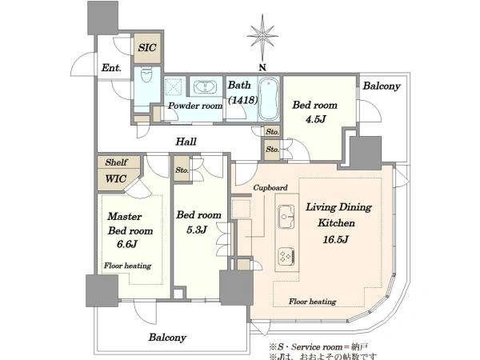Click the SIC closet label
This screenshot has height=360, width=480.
click(x=147, y=47)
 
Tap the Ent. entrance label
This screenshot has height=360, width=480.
click(x=111, y=68)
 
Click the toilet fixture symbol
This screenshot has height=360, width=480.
click(x=146, y=74)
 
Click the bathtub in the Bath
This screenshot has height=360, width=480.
click(x=269, y=99)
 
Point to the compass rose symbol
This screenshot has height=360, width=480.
click(x=262, y=37)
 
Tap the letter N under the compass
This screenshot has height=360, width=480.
click(x=262, y=68)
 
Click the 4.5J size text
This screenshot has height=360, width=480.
click(x=315, y=118)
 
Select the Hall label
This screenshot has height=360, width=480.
click(x=186, y=142)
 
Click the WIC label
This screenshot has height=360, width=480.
click(x=115, y=178)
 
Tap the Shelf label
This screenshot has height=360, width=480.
click(x=116, y=162)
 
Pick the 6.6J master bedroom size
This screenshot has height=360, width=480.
click(x=126, y=244)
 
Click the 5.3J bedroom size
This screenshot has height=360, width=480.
click(x=197, y=230)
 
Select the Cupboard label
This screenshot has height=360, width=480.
click(x=270, y=187)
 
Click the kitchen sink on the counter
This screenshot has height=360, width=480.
click(x=286, y=217)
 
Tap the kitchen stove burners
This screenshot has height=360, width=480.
click(x=286, y=255)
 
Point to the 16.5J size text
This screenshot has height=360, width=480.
click(x=335, y=239)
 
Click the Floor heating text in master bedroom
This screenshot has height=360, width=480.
click(x=128, y=266)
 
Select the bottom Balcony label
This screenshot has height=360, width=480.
click(x=167, y=338)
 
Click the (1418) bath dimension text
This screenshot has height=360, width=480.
click(x=242, y=100)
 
